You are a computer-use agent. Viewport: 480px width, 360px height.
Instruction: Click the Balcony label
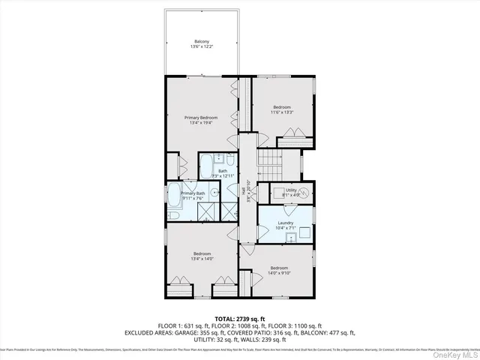tap(202, 41)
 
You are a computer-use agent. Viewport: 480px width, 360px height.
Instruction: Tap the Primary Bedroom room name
tap(202, 118)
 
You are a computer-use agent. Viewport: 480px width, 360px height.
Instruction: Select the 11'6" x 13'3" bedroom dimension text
tap(282, 112)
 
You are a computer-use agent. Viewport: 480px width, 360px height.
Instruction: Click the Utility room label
tap(291, 190)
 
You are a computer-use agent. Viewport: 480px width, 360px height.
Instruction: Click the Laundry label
tap(285, 223)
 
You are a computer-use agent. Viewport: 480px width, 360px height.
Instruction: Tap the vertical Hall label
tap(244, 193)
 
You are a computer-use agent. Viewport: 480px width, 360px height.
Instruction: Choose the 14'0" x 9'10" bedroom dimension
tap(279, 273)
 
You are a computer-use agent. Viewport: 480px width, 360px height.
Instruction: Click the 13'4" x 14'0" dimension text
tap(202, 259)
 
